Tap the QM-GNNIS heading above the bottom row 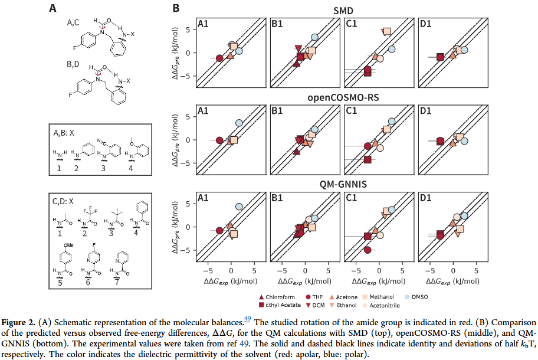pyautogui.click(x=342, y=185)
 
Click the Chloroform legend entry pyautogui.click(x=280, y=298)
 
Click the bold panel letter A pyautogui.click(x=53, y=8)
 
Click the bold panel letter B pyautogui.click(x=175, y=8)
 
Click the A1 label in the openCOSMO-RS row pyautogui.click(x=204, y=111)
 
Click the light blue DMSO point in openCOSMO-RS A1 pyautogui.click(x=239, y=123)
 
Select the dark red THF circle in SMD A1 pyautogui.click(x=219, y=58)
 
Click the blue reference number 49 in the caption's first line pyautogui.click(x=247, y=319)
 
